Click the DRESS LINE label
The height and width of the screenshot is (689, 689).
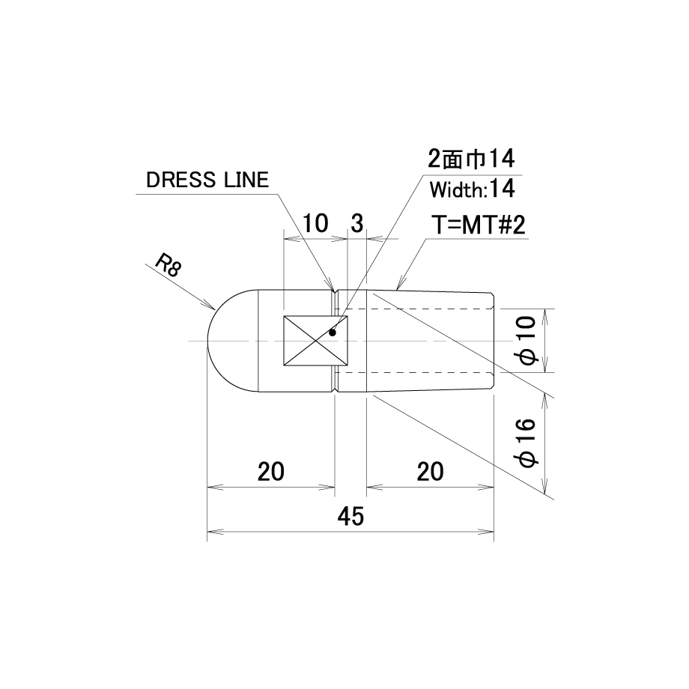(x=207, y=180)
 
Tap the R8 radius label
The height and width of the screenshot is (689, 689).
(x=169, y=266)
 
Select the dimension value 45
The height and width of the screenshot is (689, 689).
(x=350, y=516)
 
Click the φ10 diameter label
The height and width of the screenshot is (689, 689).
(x=527, y=340)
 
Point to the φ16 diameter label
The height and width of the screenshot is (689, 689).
(x=527, y=443)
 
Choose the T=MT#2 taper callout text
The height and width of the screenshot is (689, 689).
(x=478, y=226)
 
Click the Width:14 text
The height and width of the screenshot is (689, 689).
(x=473, y=189)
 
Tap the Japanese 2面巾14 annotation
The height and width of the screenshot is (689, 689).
(x=471, y=159)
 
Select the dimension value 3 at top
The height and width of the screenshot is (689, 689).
(x=356, y=223)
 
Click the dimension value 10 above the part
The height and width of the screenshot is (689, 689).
(x=316, y=223)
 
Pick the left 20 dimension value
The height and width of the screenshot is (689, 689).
(x=270, y=472)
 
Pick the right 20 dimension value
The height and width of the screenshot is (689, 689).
(x=430, y=472)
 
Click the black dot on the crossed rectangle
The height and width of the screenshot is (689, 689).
(x=333, y=333)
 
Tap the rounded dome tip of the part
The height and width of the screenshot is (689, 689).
(x=209, y=341)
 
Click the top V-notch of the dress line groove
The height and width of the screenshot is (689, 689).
(x=335, y=292)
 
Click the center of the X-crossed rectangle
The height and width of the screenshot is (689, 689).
(x=315, y=341)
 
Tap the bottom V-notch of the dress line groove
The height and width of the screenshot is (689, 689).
(x=335, y=389)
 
